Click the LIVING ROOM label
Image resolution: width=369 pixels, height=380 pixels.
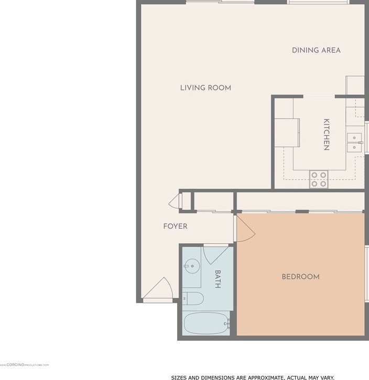pyautogui.click(x=205, y=88)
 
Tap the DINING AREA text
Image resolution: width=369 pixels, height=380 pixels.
pyautogui.click(x=316, y=50)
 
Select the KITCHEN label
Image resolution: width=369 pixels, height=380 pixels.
pyautogui.click(x=326, y=135)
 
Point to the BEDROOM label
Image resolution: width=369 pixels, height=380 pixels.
pyautogui.click(x=300, y=277)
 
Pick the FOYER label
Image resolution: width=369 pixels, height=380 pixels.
pyautogui.click(x=175, y=226)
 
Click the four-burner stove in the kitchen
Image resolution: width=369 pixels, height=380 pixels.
pyautogui.click(x=318, y=179)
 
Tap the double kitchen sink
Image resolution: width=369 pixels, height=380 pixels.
pyautogui.click(x=355, y=142)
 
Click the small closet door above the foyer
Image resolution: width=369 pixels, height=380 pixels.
pyautogui.click(x=174, y=201)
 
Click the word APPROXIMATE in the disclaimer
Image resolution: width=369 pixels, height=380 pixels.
pyautogui.click(x=263, y=377)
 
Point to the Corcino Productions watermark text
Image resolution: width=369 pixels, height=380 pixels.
pyautogui.click(x=25, y=365)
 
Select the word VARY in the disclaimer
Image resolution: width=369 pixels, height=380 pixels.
pyautogui.click(x=325, y=377)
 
